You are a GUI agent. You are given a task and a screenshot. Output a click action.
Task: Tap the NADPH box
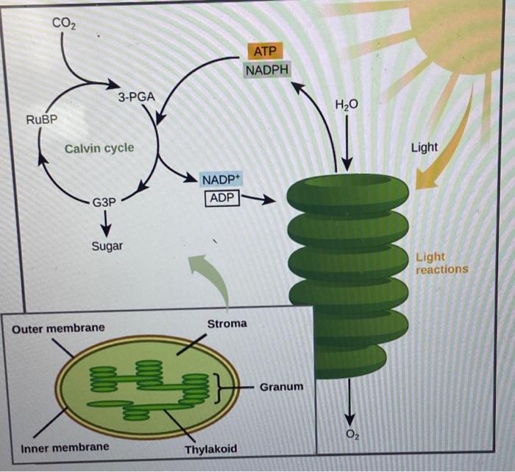pyautogui.click(x=267, y=70)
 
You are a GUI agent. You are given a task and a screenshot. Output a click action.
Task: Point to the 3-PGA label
pyautogui.click(x=135, y=97)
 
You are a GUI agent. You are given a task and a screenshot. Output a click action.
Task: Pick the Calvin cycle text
pyautogui.click(x=99, y=148)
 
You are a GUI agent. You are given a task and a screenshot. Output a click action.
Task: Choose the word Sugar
pyautogui.click(x=107, y=246)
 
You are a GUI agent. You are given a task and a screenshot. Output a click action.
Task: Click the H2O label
pyautogui.click(x=347, y=105)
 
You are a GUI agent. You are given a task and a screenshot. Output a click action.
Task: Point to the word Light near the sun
pyautogui.click(x=425, y=147)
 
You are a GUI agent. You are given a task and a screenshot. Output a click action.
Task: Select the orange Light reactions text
pyautogui.click(x=441, y=264)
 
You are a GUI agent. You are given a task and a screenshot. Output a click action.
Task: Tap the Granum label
pyautogui.click(x=281, y=386)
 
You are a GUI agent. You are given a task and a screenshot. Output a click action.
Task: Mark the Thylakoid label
pyautogui.click(x=211, y=450)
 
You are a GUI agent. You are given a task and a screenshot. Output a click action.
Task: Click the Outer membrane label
pyautogui.click(x=58, y=327)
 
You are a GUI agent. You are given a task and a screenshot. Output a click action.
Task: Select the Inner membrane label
pyautogui.click(x=65, y=447)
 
